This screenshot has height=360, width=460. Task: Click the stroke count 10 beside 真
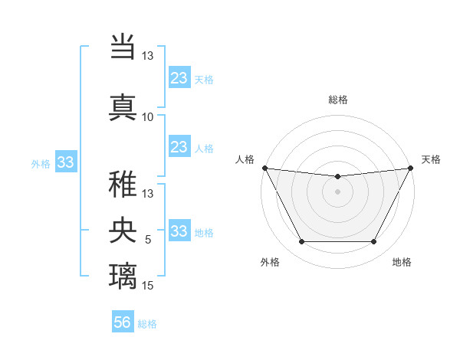[x=147, y=117]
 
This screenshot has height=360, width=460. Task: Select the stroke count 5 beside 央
[x=149, y=240]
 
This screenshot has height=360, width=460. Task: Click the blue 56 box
[x=123, y=323]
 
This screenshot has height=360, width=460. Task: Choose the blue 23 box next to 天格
[x=179, y=78]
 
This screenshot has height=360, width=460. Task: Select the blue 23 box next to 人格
[x=179, y=147]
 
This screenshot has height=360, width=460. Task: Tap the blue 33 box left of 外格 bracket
[x=65, y=162]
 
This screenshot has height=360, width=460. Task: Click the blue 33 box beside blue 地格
[x=179, y=231]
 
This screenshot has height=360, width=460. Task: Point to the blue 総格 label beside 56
[x=147, y=324]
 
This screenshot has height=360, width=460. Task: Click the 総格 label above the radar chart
[x=337, y=100]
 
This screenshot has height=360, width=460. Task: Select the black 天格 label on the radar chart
[x=431, y=159]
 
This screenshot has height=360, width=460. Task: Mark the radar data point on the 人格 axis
[x=265, y=168]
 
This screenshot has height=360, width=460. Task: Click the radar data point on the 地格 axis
[x=373, y=242]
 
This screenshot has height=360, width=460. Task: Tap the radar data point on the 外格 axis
[x=301, y=242]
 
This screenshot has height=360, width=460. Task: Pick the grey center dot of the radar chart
[x=337, y=191]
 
